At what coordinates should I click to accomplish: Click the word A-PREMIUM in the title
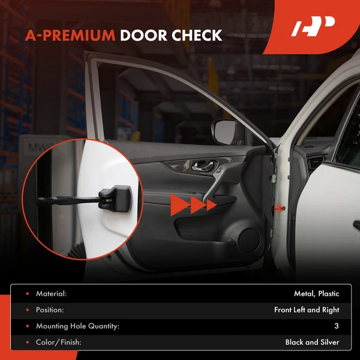pos(70,35)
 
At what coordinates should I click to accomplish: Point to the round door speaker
pos(248,239)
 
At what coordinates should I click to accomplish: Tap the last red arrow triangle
pos(211,205)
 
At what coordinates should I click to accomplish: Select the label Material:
pos(51,294)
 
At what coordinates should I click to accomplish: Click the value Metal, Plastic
pos(317,294)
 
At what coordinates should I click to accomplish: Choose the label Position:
pos(50,310)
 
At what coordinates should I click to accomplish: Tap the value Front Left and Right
pos(307,310)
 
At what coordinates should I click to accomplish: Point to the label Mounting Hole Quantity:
pos(77,326)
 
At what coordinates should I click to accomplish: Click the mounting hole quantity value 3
pos(337,326)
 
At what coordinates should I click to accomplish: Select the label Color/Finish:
pos(59,343)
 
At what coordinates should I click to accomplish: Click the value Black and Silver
pos(312,343)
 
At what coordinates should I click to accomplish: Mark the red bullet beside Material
pos(26,294)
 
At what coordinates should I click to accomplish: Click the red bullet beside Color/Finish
pos(26,343)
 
